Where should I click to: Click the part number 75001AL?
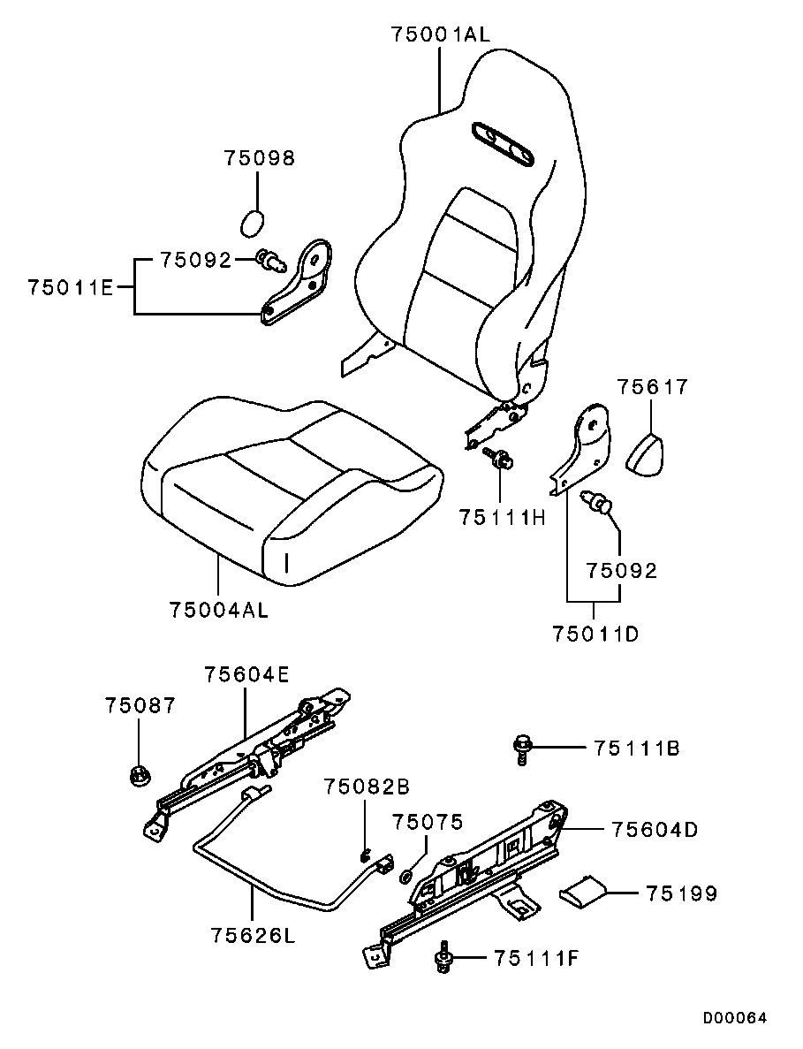click(x=440, y=35)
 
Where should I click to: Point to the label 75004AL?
click(x=218, y=610)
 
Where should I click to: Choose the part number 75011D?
click(x=595, y=634)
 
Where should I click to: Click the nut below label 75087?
click(x=138, y=776)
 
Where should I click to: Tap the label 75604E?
click(x=246, y=674)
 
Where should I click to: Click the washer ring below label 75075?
click(x=406, y=877)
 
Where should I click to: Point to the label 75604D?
click(x=654, y=830)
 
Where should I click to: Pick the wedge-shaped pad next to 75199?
click(x=583, y=889)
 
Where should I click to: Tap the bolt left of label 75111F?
click(x=443, y=959)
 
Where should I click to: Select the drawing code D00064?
click(x=735, y=1017)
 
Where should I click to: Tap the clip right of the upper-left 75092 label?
click(x=269, y=260)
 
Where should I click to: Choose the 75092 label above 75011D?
click(x=623, y=571)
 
